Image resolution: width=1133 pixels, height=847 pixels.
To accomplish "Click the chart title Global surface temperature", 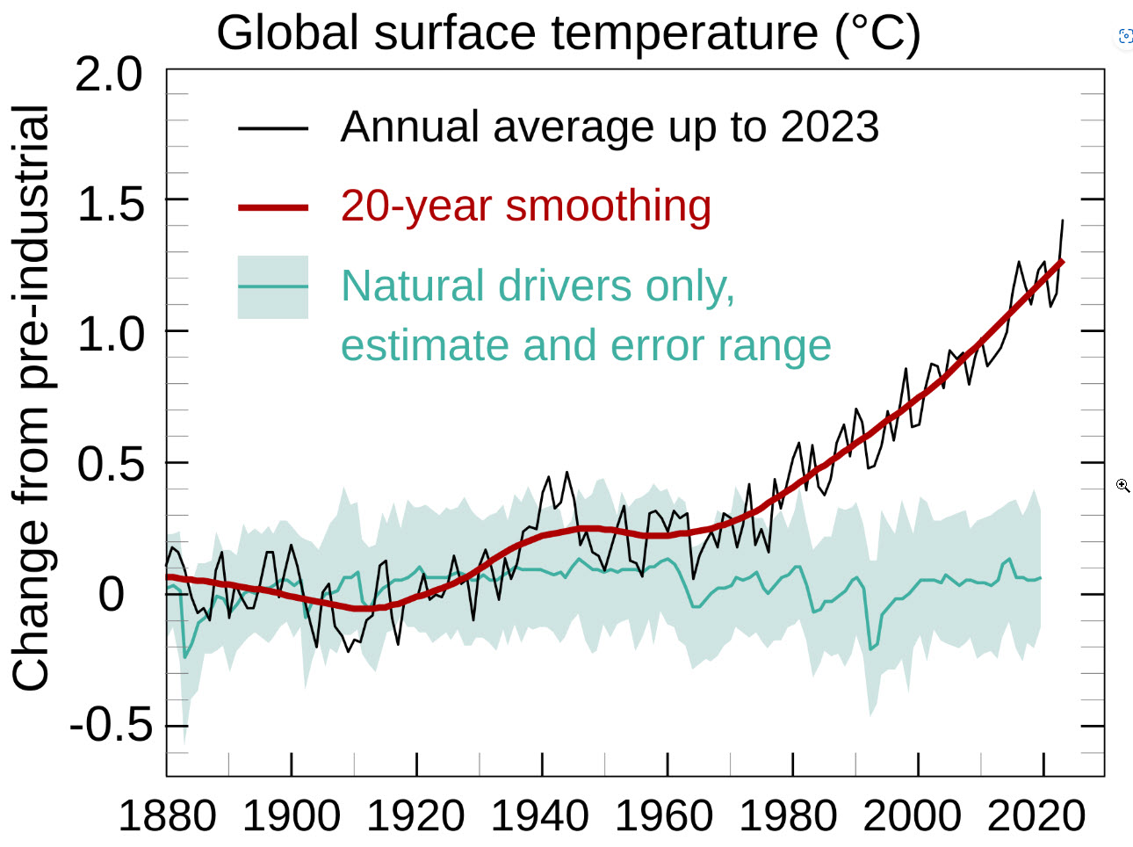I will (x=568, y=33).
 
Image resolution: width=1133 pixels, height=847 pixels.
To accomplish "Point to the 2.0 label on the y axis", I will (x=109, y=75).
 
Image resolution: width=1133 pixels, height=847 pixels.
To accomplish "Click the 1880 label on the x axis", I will (x=167, y=815).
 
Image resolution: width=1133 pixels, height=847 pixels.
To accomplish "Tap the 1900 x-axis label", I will (x=292, y=815).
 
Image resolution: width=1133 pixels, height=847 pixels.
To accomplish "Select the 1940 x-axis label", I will (x=539, y=815).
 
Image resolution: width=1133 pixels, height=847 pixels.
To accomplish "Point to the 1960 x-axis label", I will (x=664, y=815).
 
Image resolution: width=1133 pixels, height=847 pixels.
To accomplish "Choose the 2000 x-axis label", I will (x=913, y=815).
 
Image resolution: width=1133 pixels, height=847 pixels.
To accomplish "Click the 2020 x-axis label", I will (x=1037, y=815).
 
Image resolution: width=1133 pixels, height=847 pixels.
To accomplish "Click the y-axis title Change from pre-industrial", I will (x=31, y=397).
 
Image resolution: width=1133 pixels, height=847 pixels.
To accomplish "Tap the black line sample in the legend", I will (x=273, y=128).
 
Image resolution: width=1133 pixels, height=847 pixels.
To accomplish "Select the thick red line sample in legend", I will (x=273, y=208).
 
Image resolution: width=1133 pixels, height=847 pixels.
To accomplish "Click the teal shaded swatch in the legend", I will (x=273, y=287).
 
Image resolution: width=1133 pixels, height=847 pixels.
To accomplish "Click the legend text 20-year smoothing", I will (x=525, y=206).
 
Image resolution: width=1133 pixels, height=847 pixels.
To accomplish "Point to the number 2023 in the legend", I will (x=830, y=127).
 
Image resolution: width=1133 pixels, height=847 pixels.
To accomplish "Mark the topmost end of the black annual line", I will (x=1063, y=221).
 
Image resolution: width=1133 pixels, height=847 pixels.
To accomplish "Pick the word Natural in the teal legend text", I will (x=412, y=286).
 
